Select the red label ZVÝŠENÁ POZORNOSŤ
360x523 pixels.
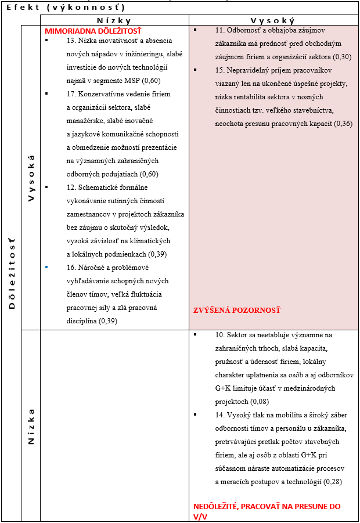tap(236, 311)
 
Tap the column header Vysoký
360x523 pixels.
tap(273, 20)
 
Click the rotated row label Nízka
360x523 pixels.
tap(31, 427)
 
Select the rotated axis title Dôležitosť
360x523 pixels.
tap(12, 272)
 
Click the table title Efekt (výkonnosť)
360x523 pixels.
tap(66, 8)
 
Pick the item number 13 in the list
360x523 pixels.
tap(72, 41)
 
